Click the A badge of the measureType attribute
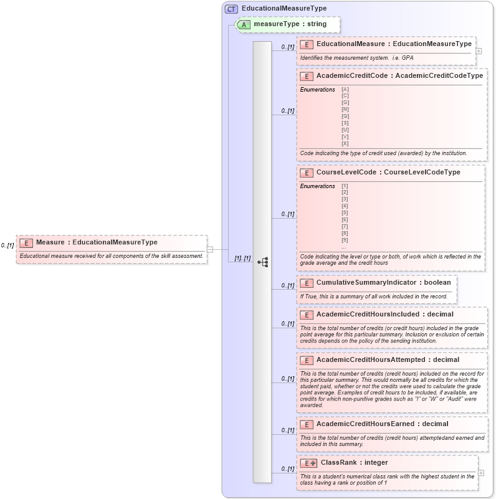pos(244,24)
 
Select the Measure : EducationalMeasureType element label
pos(97,242)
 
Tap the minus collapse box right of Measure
pos(210,249)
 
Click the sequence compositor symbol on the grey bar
pos(262,262)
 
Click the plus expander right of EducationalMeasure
pos(479,51)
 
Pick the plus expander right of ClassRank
pos(480,473)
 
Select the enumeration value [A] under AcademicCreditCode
pos(345,90)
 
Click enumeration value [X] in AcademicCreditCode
pos(345,144)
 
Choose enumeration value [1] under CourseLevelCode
pos(345,186)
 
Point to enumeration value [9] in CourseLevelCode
pos(345,240)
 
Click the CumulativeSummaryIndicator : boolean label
pos(383,283)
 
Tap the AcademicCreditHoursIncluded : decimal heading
pos(384,315)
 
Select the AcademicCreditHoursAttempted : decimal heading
pos(388,360)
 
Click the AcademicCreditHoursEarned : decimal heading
pos(382,424)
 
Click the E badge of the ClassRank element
pos(308,463)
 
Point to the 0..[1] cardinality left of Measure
pos(7,245)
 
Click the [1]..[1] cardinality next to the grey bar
pos(242,258)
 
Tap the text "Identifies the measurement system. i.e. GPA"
pos(357,58)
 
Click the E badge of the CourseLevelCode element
pos(306,173)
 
